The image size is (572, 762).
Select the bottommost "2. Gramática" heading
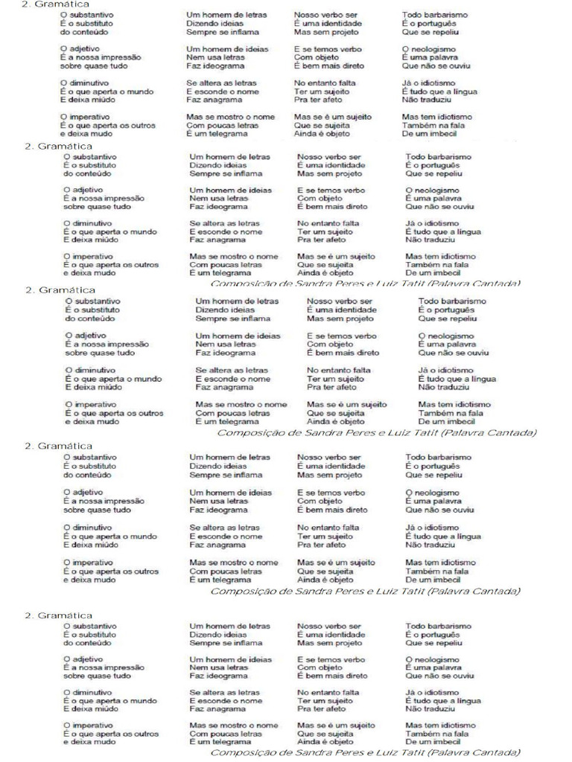tap(60, 615)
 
